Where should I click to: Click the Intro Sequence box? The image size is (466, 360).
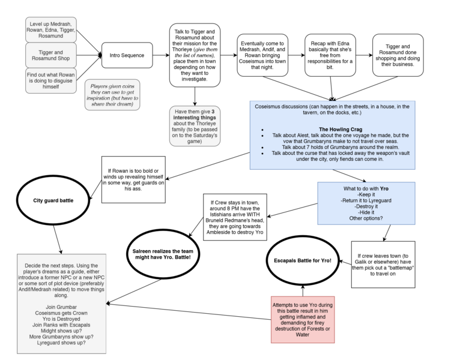click(x=127, y=55)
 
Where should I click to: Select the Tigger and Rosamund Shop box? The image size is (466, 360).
click(x=51, y=55)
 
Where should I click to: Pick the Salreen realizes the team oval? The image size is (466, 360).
click(x=164, y=252)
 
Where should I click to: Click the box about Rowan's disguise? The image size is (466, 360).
click(x=51, y=81)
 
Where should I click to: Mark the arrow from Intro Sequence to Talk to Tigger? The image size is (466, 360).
click(x=161, y=55)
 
